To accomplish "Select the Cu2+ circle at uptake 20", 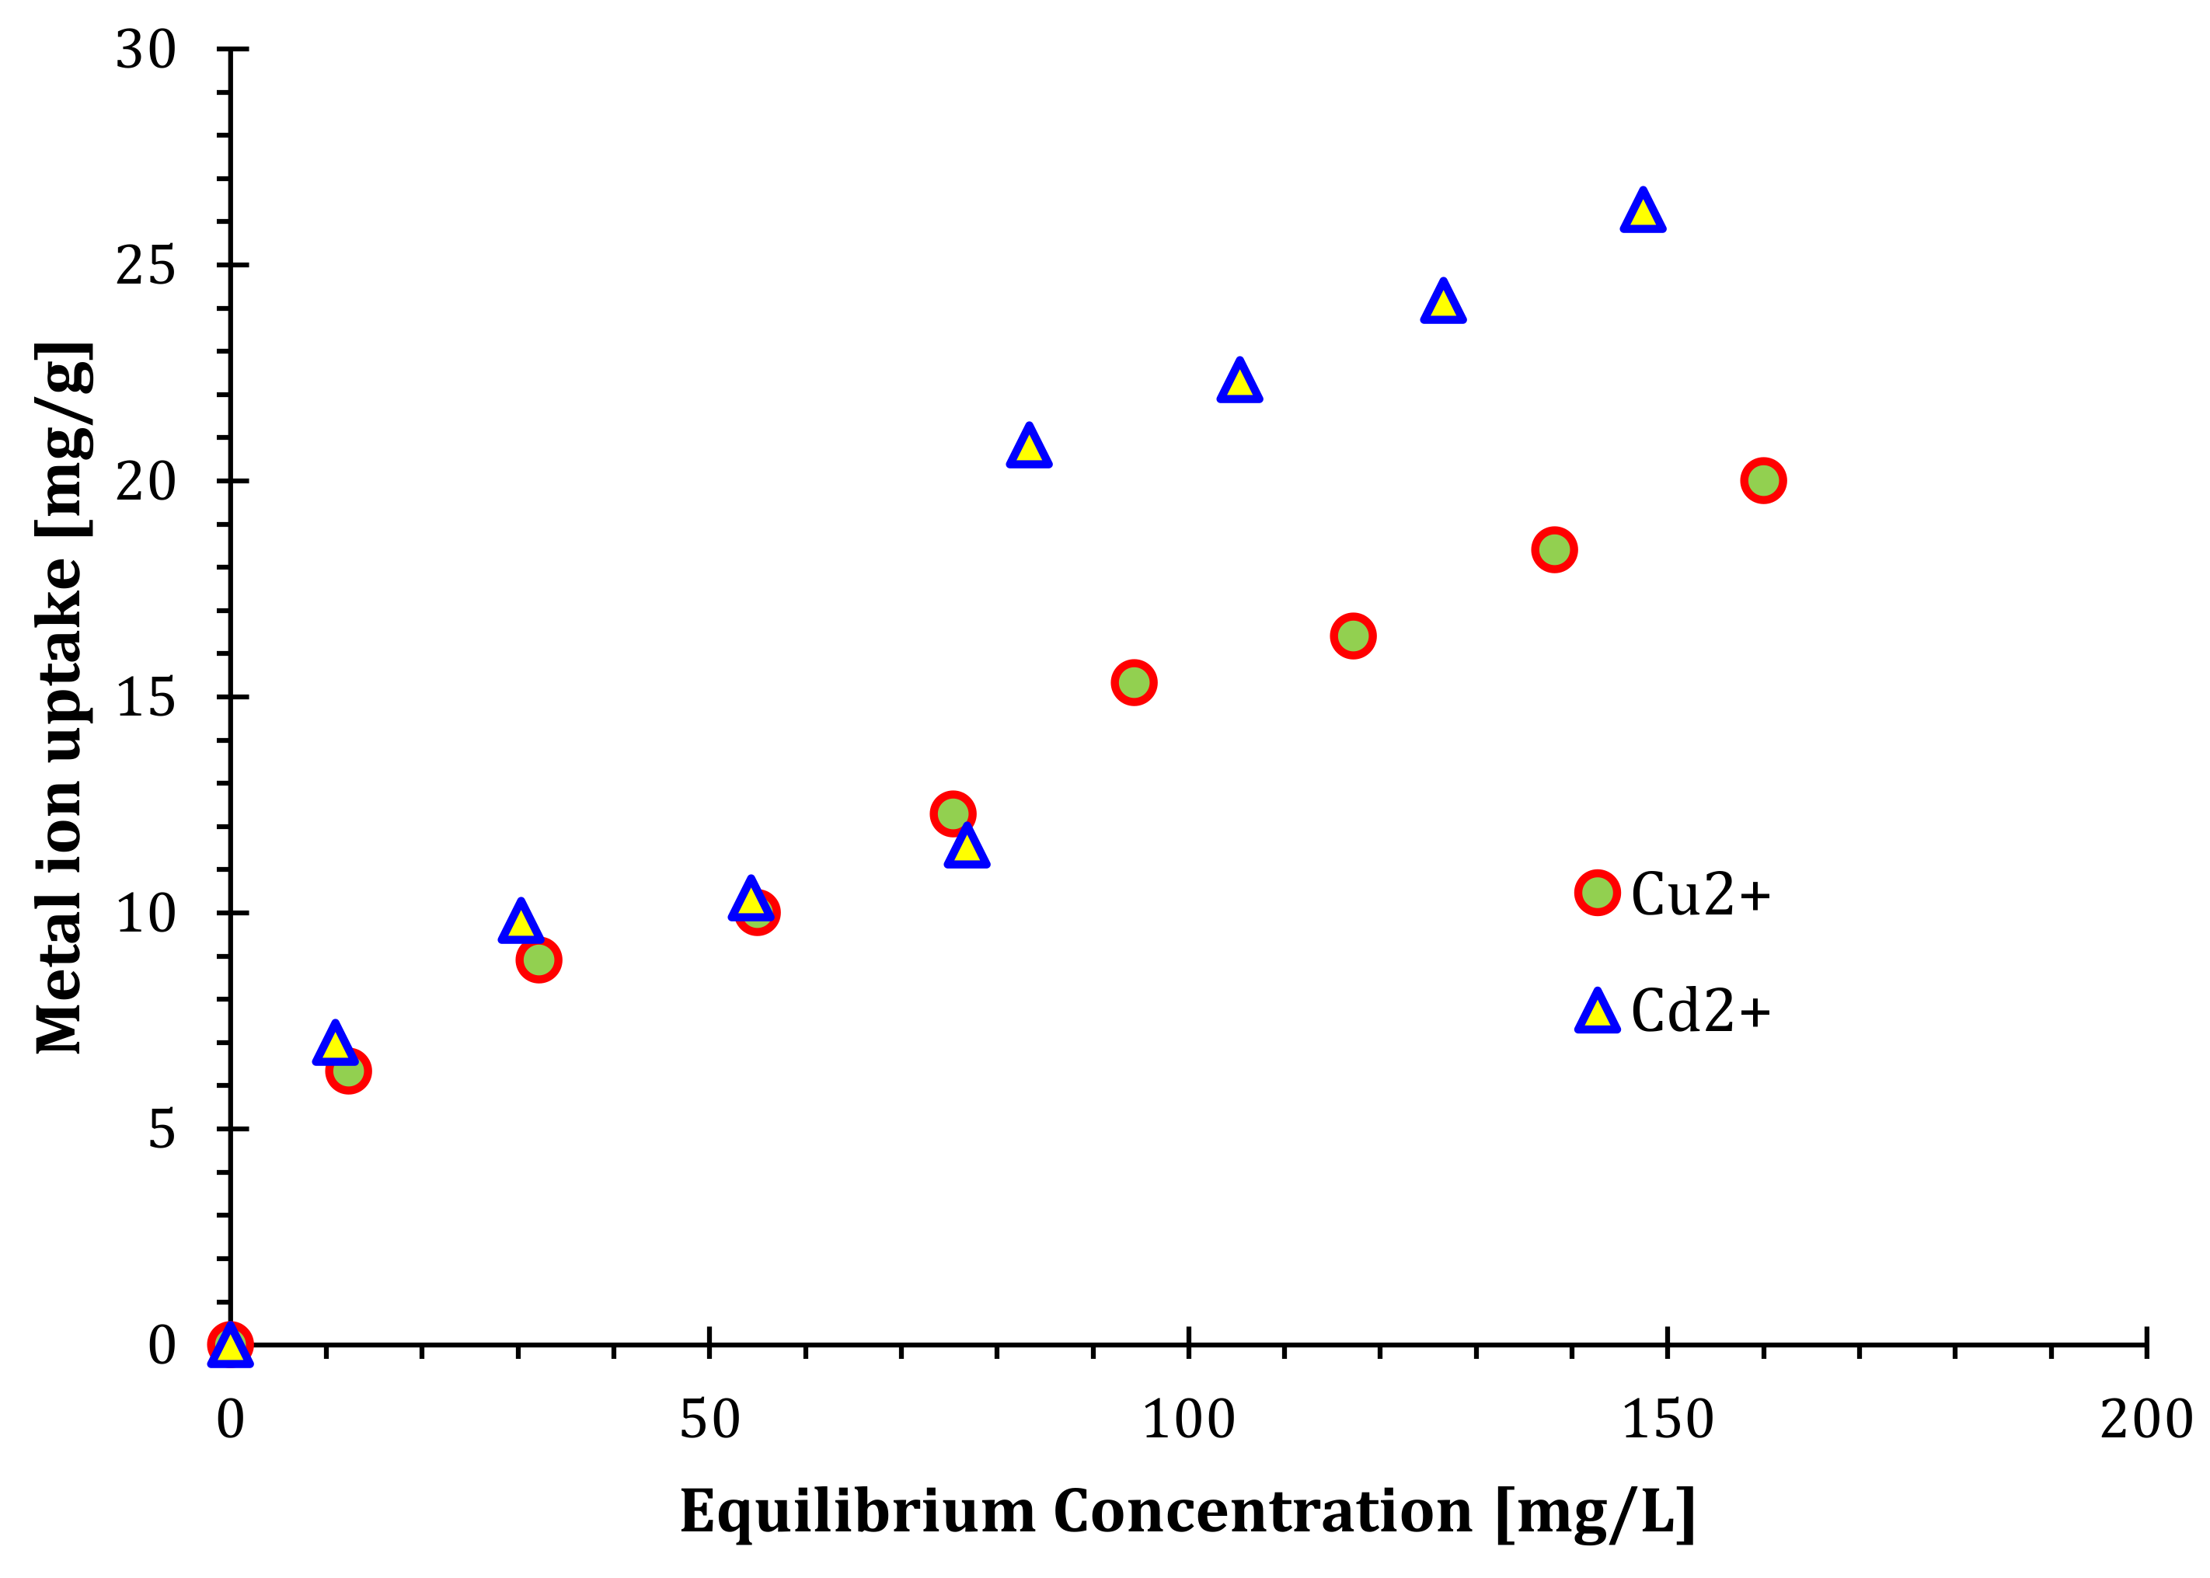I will [1763, 480].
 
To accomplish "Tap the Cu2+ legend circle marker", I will [1597, 892].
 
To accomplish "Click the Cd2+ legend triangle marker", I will [1597, 1012].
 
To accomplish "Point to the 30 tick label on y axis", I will [146, 49].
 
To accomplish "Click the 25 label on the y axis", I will [146, 264].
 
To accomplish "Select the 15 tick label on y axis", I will [146, 697].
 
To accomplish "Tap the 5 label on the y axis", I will [162, 1129].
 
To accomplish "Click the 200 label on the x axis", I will [2146, 1420].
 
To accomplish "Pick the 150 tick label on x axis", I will [1668, 1420].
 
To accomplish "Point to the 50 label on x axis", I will [709, 1420].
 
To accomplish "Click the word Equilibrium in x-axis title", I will [857, 1513].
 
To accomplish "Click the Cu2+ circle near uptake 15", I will [1133, 682].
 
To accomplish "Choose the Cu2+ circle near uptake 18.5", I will [1554, 549].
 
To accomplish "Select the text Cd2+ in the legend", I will [1701, 1012].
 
